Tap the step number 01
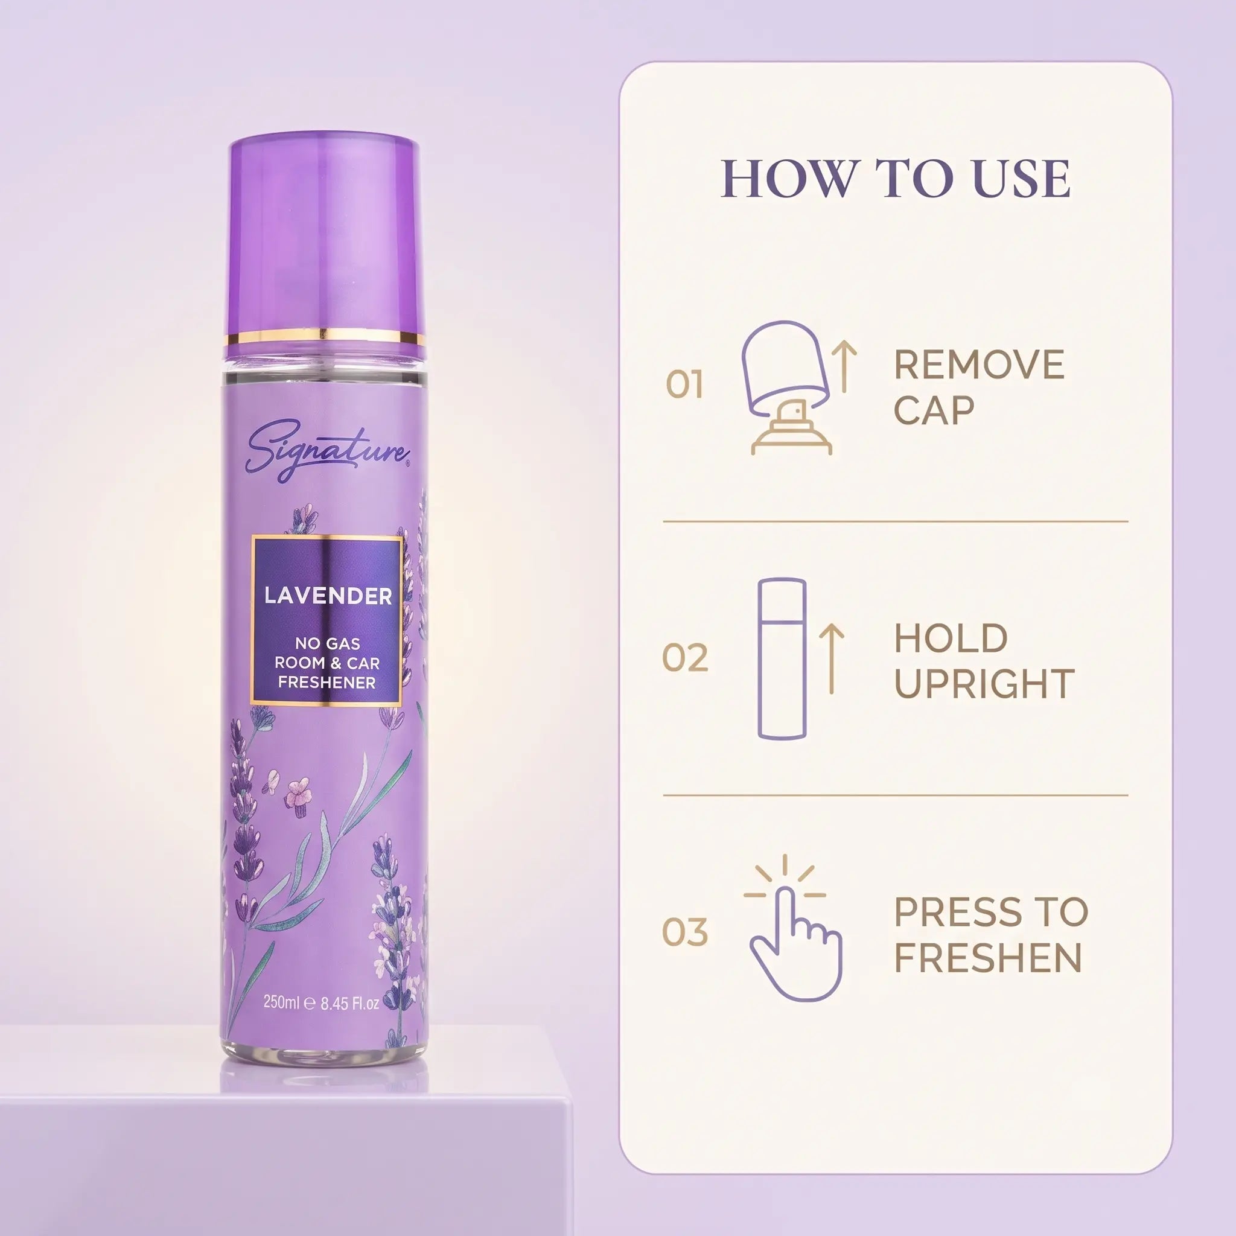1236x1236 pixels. coord(684,384)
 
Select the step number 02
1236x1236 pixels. coord(685,658)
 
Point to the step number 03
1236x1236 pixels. coord(685,931)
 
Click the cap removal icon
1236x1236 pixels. coord(791,387)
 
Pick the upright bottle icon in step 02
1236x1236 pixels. coord(782,659)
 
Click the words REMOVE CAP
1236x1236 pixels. coord(979,387)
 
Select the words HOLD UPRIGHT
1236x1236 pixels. coord(984,661)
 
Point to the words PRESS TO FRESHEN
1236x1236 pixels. coord(991,935)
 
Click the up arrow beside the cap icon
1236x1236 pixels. coord(844,366)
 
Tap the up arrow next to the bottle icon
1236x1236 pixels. coord(832,659)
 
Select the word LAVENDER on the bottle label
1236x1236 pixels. coord(328,596)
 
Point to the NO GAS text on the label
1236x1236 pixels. coord(328,643)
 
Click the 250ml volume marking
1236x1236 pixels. coord(281,1002)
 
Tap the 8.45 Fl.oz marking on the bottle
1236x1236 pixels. coord(350,1003)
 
